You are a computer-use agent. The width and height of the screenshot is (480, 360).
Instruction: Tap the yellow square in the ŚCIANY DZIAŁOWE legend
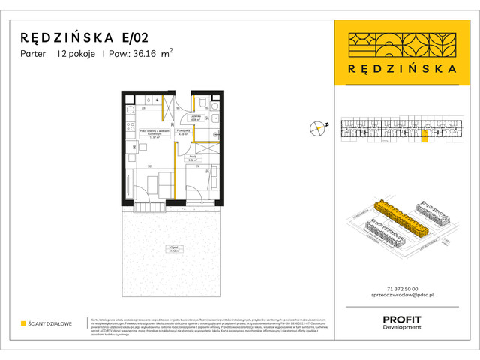tap(24, 323)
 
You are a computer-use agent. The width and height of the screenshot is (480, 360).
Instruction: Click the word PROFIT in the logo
tap(402, 319)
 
